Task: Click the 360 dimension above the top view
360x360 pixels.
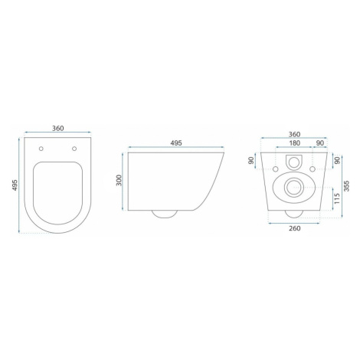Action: click(58, 128)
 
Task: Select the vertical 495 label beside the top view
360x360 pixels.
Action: click(15, 185)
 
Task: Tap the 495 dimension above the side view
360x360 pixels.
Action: click(176, 143)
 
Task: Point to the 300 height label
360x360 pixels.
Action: click(119, 180)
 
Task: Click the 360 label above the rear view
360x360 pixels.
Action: click(294, 134)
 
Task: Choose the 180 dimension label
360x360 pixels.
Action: click(294, 143)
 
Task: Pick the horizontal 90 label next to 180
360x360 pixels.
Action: click(320, 143)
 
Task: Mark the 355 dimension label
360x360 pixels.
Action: click(346, 186)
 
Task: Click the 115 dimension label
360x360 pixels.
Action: click(337, 198)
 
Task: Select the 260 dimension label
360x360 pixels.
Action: click(294, 228)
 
